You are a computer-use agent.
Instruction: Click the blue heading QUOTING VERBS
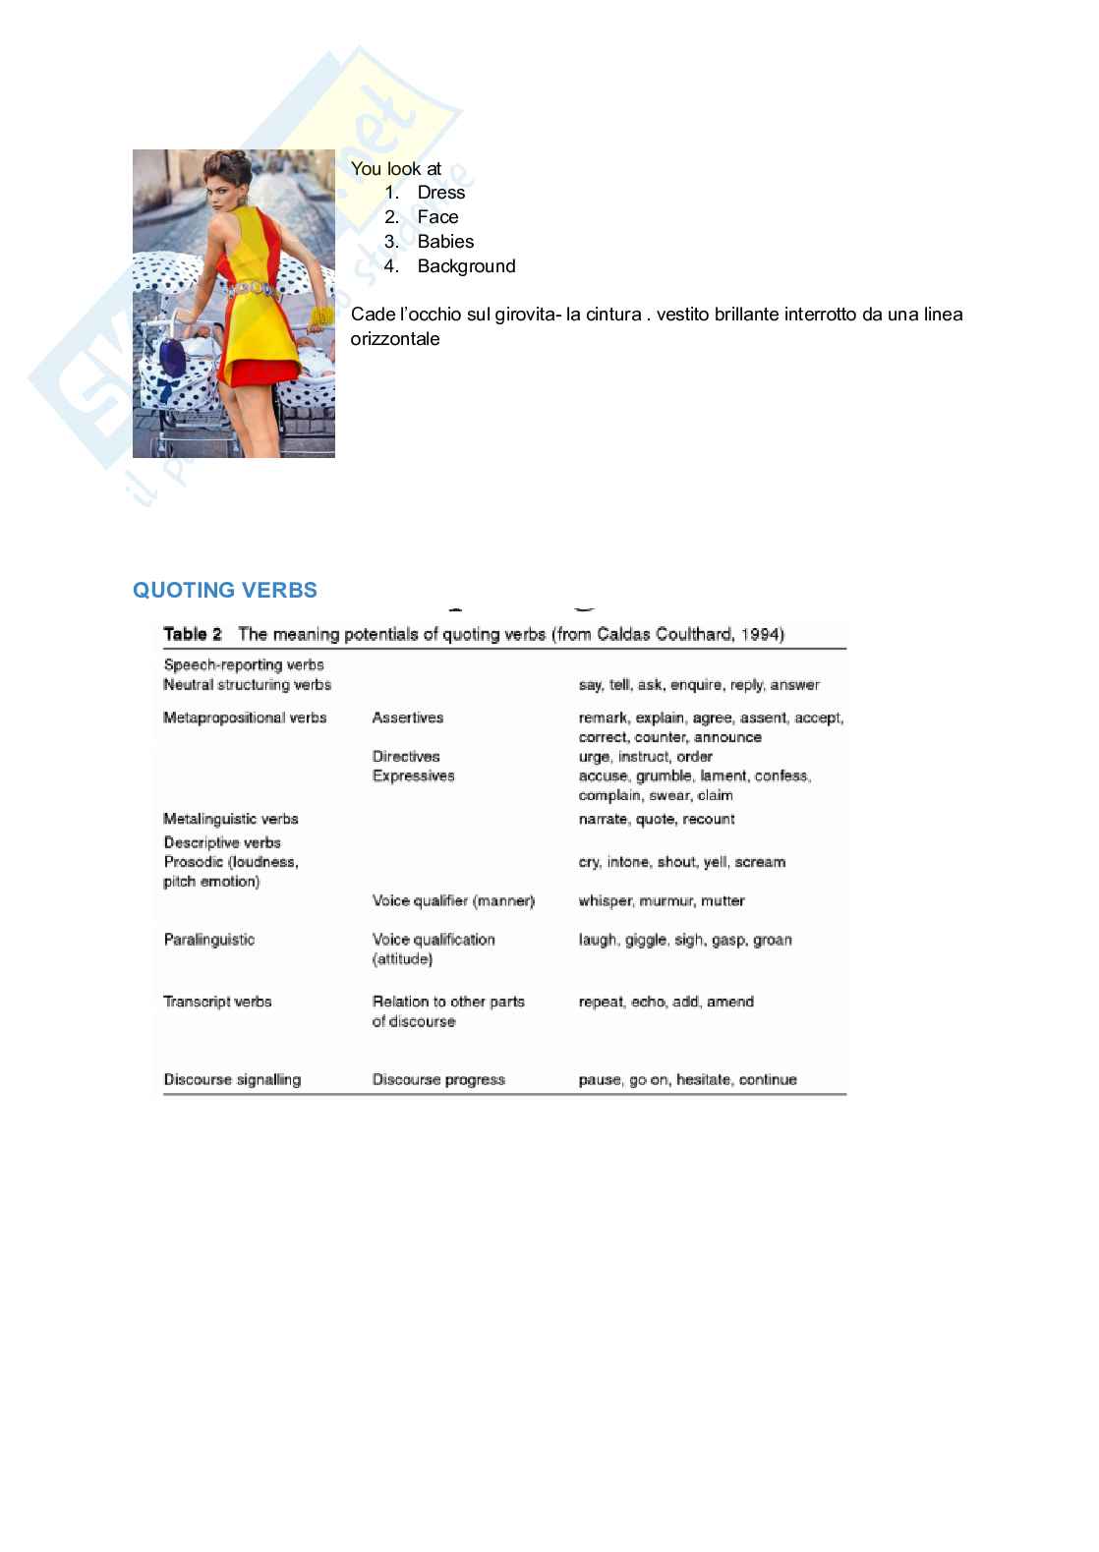[225, 590]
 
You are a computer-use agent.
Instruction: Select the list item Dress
[440, 193]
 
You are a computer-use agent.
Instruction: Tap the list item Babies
[445, 242]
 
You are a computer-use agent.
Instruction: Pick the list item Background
[466, 266]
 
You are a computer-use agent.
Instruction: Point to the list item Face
[437, 217]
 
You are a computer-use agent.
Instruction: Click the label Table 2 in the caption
[193, 634]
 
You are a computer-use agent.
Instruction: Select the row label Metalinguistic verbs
[231, 819]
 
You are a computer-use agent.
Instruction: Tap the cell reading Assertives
[408, 718]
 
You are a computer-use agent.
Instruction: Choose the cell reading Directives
[406, 757]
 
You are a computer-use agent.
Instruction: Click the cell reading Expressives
[413, 776]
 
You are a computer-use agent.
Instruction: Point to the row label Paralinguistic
[209, 940]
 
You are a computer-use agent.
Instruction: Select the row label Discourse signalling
[232, 1079]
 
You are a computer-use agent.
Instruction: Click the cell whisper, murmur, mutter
[662, 900]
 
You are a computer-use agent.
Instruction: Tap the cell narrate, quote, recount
[657, 819]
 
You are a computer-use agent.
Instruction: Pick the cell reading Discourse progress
[438, 1079]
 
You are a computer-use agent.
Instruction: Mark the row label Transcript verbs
[217, 1002]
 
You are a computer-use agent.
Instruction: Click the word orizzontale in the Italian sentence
[395, 339]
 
